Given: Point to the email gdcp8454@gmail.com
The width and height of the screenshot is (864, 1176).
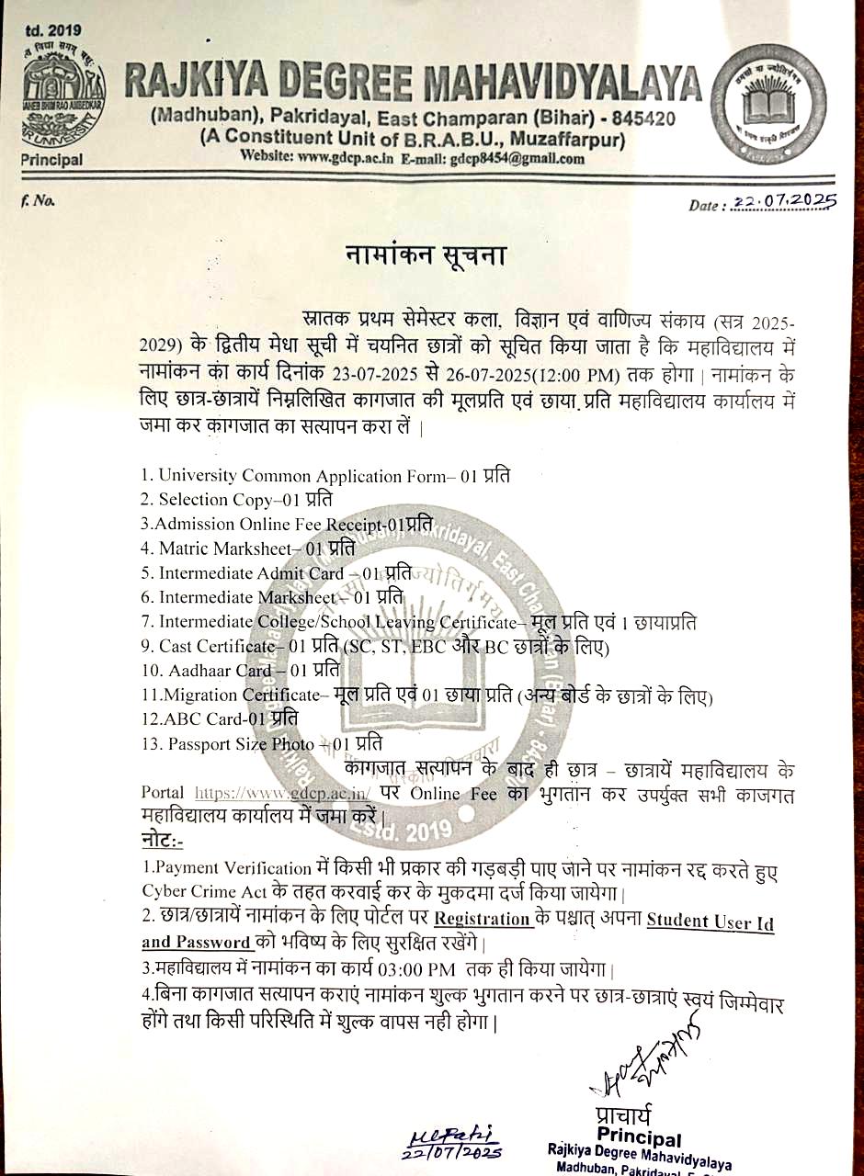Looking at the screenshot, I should click(517, 158).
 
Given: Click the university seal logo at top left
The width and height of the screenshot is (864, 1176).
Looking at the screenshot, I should click(63, 98).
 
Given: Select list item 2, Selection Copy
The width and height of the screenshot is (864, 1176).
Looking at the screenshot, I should click(235, 500).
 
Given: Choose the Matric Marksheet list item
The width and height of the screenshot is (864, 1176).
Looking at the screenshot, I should click(247, 548).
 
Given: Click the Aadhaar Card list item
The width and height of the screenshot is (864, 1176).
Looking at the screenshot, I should click(241, 670).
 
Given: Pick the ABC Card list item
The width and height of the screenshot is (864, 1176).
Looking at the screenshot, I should click(220, 718).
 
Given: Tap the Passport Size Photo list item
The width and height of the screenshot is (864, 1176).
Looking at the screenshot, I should click(262, 743).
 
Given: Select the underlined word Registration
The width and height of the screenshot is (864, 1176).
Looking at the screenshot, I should click(483, 919).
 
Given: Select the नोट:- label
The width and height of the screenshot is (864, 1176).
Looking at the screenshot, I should click(163, 841).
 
